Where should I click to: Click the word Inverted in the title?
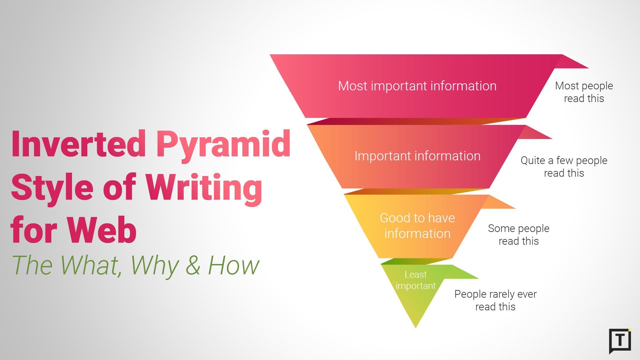[78, 144]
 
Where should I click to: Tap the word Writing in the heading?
[204, 187]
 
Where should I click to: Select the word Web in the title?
[102, 230]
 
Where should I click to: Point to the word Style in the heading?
[52, 187]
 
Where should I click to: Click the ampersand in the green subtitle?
[193, 265]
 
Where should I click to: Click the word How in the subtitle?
[234, 265]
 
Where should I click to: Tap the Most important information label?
[417, 86]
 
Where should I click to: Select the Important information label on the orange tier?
[417, 156]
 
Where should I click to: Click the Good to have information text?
[417, 226]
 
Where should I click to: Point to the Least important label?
[415, 280]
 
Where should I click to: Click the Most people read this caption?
[584, 92]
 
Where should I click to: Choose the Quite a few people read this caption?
[564, 167]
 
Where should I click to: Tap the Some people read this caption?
[518, 235]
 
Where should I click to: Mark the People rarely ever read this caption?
[495, 300]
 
